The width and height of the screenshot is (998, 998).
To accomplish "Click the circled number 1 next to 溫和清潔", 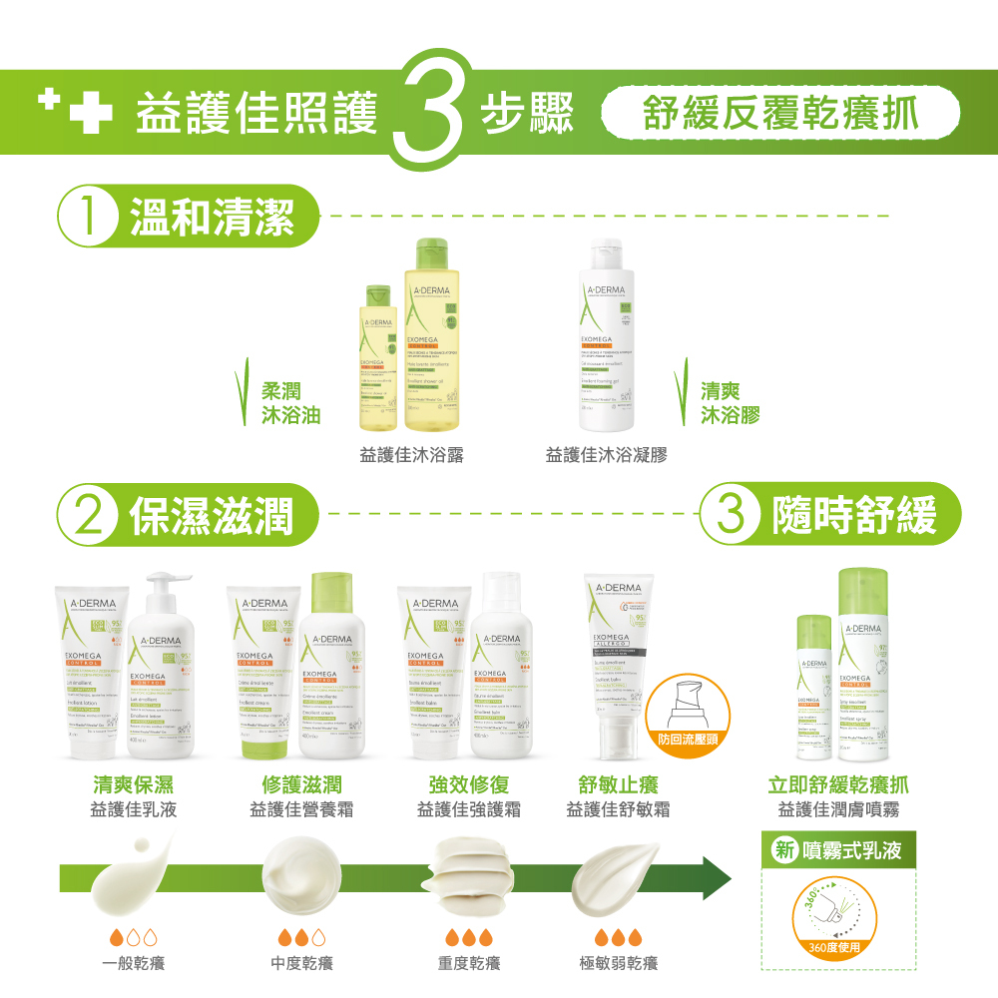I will coord(89,217).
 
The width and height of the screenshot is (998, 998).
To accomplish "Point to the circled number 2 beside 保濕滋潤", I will coord(89,515).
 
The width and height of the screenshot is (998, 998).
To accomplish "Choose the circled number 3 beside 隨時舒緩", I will coord(733,515).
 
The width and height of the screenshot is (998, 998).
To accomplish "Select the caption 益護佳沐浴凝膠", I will coord(606,456).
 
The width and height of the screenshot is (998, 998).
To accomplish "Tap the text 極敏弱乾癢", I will coord(618,963).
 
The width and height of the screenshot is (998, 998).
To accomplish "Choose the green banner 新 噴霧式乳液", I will coord(837,851).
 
